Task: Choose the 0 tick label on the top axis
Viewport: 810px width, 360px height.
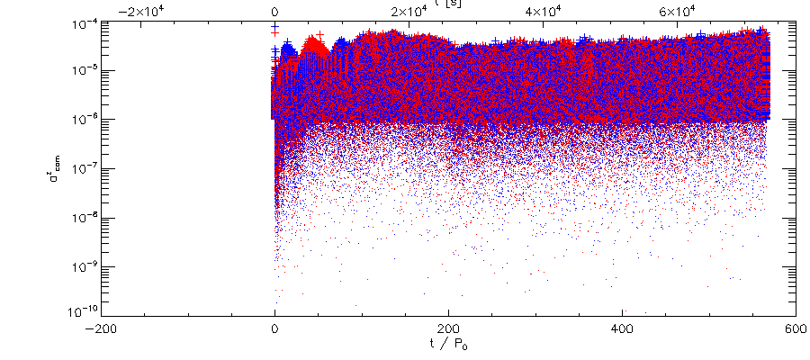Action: click(274, 11)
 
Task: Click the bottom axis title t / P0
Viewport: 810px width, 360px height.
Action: click(447, 346)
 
